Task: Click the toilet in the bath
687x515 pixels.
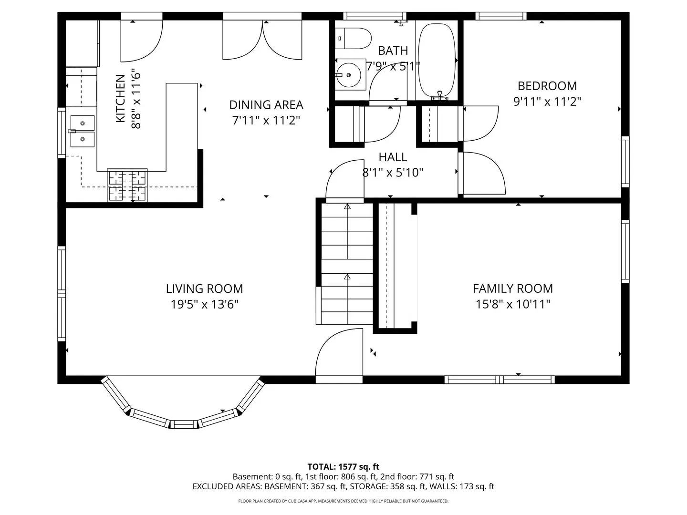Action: pos(353,38)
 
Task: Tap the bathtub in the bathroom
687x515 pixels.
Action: pos(437,60)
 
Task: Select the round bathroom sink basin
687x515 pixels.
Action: pos(348,75)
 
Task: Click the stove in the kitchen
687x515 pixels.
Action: pos(127,185)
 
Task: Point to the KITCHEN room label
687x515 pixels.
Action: pos(121,98)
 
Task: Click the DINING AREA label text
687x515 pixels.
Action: pos(266,105)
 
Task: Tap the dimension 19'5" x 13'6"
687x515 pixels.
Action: pos(204,304)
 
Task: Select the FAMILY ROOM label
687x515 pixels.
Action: pos(513,288)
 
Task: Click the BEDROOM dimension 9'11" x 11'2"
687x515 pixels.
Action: pos(547,101)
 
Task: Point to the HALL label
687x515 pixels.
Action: pos(393,157)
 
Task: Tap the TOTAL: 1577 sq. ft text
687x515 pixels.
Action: pos(343,466)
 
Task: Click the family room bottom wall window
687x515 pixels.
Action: pos(500,380)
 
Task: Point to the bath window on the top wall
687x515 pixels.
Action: pos(375,16)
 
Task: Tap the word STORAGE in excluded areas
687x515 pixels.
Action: pos(363,486)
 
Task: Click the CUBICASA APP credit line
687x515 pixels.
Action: pos(343,501)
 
